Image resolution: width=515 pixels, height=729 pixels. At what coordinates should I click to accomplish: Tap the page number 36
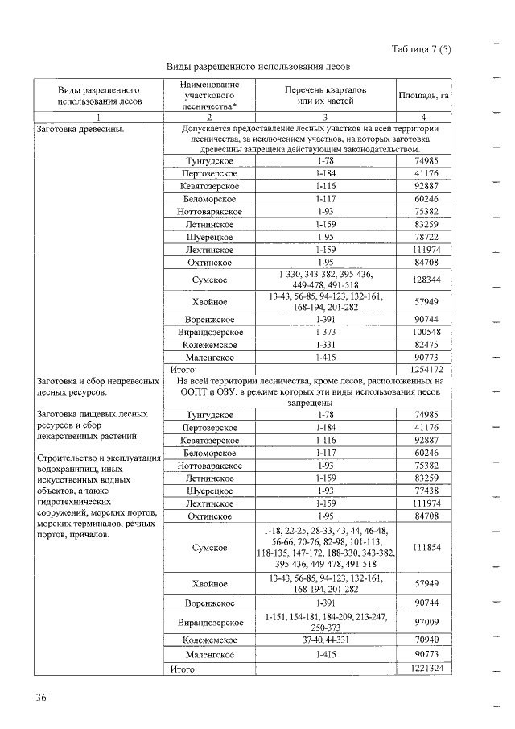pos(41,698)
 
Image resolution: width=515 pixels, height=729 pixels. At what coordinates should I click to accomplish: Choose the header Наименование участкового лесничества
pos(209,95)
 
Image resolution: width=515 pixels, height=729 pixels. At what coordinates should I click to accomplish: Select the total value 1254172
pos(423,369)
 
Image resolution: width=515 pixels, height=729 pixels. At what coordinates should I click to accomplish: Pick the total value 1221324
pos(423,669)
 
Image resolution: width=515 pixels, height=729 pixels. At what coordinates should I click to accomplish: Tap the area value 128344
pos(423,280)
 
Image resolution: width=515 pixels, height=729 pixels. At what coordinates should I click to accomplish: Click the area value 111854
pos(423,548)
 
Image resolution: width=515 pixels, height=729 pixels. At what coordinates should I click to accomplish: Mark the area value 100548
pos(423,332)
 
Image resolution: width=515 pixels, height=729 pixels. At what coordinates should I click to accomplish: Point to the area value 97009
pos(423,623)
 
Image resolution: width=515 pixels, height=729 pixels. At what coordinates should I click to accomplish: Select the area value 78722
pos(423,237)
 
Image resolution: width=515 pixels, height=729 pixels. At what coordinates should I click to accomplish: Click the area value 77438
pos(423,490)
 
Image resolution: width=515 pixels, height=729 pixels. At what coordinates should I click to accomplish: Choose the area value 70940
pos(423,641)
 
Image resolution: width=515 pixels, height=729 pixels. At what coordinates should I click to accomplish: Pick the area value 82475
pos(423,344)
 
